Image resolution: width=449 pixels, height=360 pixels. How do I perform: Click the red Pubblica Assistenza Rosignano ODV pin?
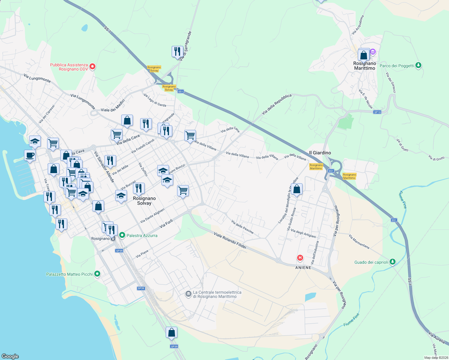coord(92,66)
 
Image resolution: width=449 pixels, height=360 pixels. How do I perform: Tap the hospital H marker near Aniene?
coord(300,258)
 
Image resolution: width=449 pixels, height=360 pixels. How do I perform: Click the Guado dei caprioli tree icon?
coord(392,262)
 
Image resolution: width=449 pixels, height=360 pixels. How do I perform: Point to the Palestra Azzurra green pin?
coord(122,235)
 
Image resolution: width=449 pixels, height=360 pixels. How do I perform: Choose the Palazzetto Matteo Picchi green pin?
coord(97,274)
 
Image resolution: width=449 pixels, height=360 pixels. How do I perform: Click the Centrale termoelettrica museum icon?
coord(188,294)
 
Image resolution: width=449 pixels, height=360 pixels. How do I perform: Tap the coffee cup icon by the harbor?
coord(30,155)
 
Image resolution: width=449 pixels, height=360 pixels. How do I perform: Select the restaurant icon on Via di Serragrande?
coord(177,52)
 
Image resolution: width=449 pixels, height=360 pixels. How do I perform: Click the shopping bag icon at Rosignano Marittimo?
coord(363,55)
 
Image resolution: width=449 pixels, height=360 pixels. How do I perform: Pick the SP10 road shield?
coord(377,112)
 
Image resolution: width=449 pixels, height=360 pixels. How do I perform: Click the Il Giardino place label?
coord(320,153)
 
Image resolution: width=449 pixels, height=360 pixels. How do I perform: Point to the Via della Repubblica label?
coord(276,104)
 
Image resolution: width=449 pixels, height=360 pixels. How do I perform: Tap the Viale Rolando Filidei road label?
coord(230,240)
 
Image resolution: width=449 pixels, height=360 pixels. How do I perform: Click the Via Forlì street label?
coord(166,223)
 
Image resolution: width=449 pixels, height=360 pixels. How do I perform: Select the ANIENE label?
coord(303,268)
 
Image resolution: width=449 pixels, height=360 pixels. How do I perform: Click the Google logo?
coord(10,356)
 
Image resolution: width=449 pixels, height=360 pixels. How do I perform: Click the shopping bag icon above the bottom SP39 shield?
coord(171,332)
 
